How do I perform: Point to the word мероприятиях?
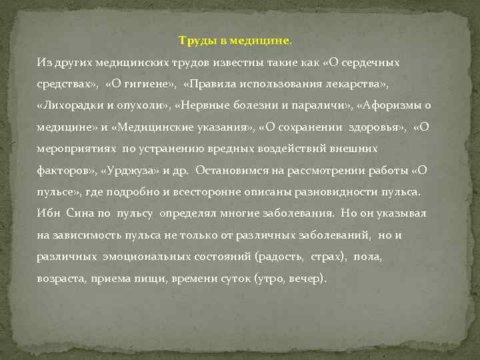click(73, 149)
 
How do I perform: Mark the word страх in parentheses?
click(327, 256)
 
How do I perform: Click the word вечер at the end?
click(306, 278)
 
